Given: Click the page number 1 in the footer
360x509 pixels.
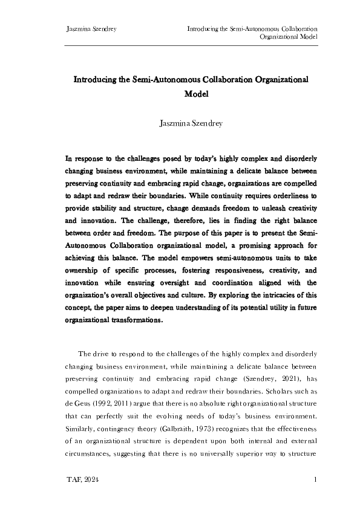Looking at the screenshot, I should (316, 479).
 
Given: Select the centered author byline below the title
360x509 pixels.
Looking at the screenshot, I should (191, 125).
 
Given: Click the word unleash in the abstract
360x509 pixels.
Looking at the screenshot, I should (269, 207).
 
